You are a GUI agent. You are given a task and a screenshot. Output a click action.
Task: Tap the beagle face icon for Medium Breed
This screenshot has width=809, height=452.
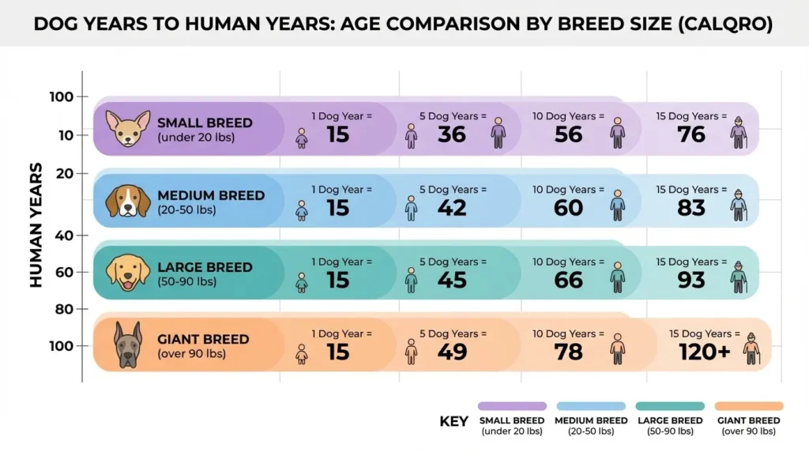127,201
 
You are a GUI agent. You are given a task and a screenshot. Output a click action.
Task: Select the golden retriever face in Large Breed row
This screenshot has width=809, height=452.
127,273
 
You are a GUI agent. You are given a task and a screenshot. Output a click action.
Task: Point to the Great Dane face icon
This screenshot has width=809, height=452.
127,345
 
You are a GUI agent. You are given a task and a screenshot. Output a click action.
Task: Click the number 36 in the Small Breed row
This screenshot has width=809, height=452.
452,135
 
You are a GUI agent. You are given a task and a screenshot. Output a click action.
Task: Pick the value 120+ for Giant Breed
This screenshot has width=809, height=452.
705,352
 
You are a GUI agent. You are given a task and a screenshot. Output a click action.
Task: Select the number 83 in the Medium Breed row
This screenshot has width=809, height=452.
691,208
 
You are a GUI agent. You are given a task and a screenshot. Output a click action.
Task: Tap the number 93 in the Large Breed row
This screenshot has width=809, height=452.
691,280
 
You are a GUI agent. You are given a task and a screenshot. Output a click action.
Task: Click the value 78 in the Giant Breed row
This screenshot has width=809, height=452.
568,352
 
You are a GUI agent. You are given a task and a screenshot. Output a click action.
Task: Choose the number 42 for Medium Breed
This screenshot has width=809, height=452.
452,208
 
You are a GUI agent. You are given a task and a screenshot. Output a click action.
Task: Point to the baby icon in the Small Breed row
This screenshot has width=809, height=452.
302,137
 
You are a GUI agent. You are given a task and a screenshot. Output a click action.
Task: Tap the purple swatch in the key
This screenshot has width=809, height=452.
512,405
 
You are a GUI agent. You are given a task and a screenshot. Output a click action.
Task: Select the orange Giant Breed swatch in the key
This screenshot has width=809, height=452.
749,405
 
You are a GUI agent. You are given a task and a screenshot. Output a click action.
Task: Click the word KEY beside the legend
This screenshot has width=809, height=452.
453,421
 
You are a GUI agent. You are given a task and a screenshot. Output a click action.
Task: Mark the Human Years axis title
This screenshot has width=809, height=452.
36,224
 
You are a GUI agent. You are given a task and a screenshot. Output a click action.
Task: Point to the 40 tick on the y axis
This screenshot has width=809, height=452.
65,235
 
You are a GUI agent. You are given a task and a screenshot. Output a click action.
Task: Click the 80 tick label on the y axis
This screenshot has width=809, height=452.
65,309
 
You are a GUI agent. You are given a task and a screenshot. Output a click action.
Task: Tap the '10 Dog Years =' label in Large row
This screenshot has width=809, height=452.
564,262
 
